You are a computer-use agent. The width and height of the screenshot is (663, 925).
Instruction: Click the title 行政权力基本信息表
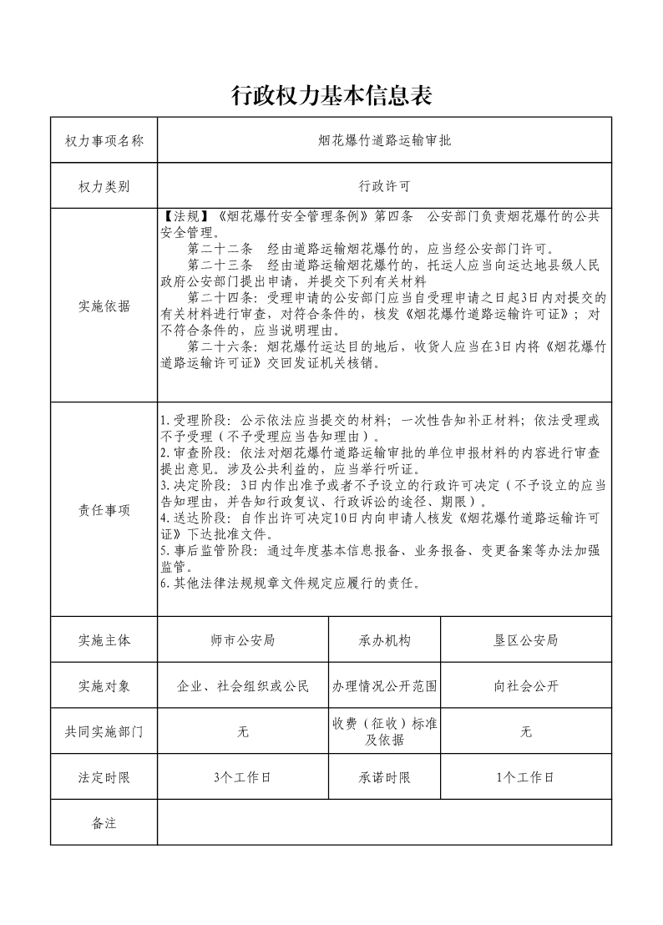tap(331, 96)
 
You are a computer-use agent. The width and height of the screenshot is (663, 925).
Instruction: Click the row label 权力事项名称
tap(104, 140)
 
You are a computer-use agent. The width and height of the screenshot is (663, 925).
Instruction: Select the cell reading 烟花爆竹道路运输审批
tap(384, 140)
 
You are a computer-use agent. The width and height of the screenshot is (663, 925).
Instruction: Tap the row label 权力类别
tap(104, 185)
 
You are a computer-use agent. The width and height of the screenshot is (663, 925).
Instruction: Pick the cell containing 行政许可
tap(384, 185)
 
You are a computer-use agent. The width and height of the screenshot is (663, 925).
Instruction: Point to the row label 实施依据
tap(104, 306)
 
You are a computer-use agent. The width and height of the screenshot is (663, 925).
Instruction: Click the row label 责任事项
tap(104, 510)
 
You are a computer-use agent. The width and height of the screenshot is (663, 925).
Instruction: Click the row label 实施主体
tap(104, 640)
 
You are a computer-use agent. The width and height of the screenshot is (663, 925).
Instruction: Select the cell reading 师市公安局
tap(243, 640)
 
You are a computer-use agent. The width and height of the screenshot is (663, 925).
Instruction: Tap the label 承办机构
tap(385, 640)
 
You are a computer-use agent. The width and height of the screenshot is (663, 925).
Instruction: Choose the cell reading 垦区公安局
tap(525, 640)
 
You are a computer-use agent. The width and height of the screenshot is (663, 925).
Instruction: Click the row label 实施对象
tap(104, 686)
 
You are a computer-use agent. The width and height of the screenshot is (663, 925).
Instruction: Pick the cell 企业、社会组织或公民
tap(243, 686)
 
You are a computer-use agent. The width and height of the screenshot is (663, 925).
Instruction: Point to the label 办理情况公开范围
tap(385, 686)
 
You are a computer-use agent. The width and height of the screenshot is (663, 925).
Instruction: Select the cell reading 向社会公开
tap(525, 686)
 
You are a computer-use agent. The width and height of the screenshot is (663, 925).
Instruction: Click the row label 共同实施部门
tap(104, 731)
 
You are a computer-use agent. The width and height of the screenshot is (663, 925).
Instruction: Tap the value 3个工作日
tap(243, 777)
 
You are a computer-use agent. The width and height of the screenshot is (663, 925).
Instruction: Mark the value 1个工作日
tap(525, 777)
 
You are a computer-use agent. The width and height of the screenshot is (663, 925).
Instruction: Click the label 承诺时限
tap(385, 777)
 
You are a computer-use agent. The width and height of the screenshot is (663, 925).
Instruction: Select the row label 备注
tap(104, 823)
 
